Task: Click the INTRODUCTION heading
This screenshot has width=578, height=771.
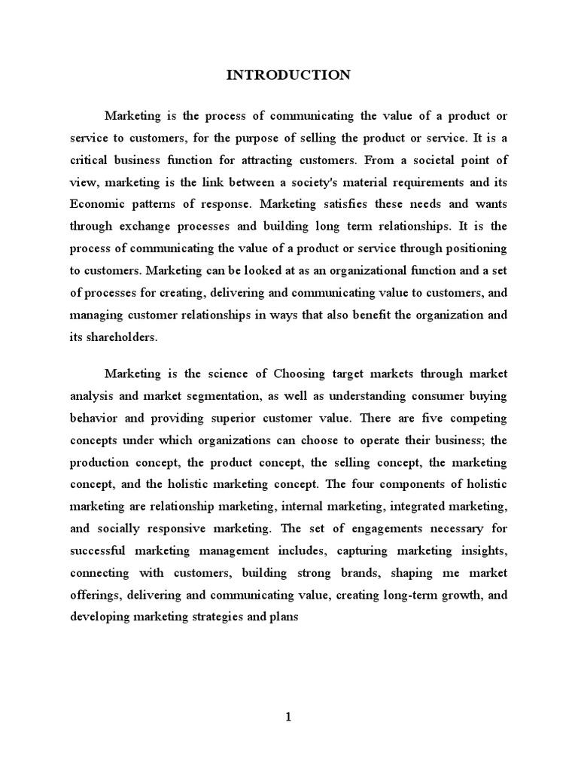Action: (288, 75)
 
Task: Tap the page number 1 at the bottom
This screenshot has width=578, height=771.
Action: (288, 718)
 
